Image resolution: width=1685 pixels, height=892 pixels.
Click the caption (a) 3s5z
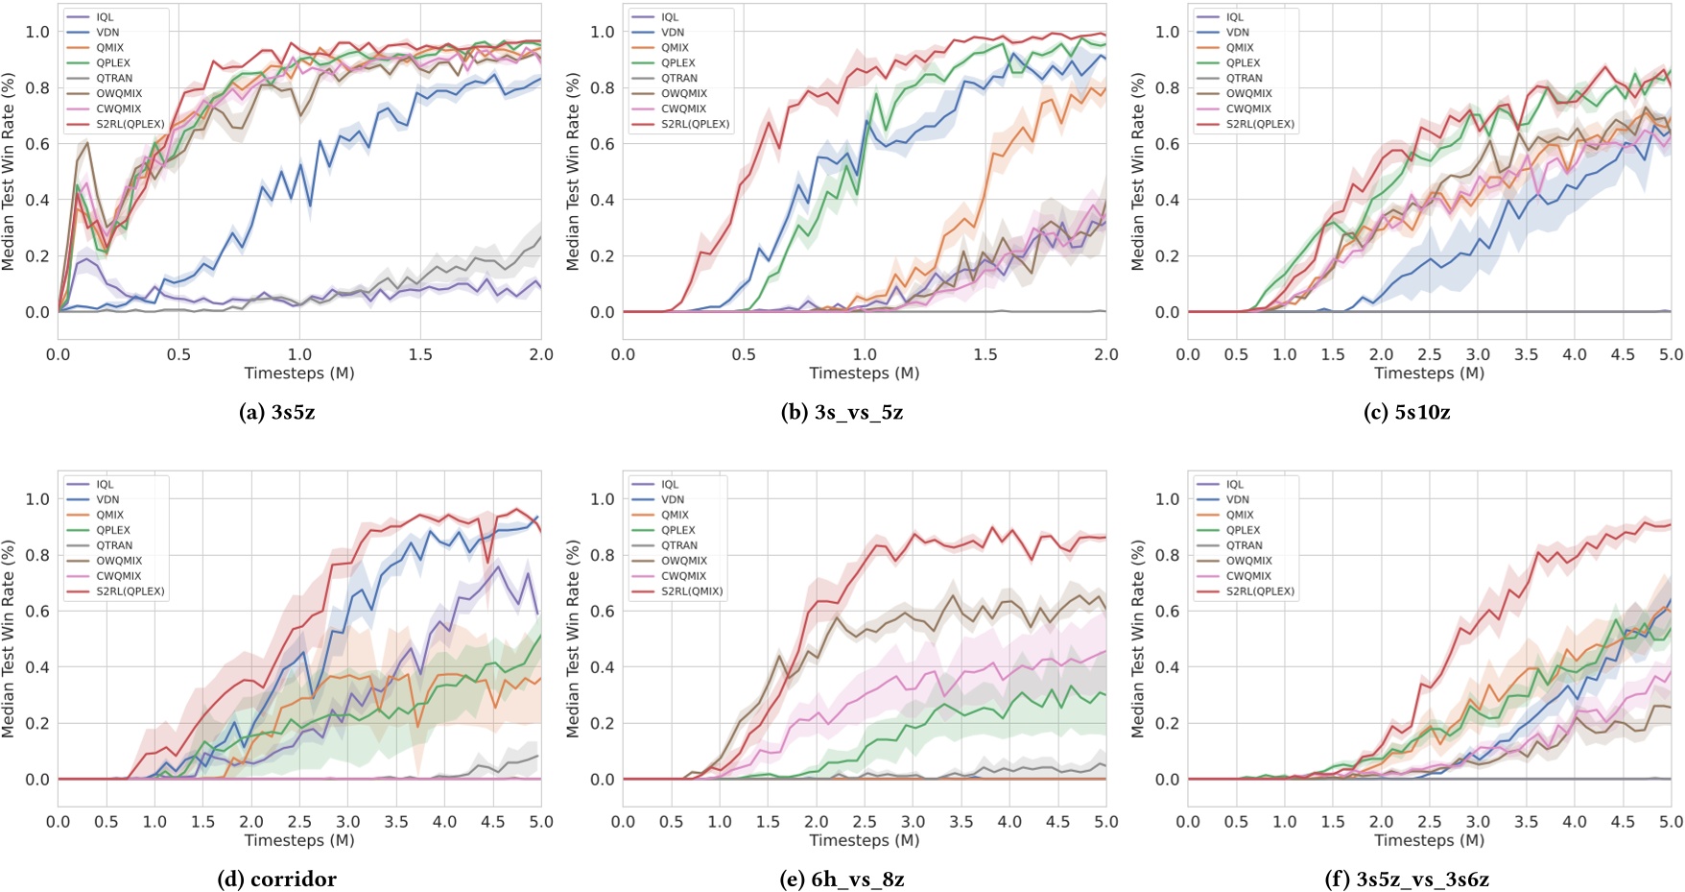276,413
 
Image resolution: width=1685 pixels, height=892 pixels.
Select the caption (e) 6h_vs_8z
842,880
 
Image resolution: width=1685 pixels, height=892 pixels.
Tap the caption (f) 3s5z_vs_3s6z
1407,880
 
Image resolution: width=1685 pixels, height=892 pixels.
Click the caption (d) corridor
276,880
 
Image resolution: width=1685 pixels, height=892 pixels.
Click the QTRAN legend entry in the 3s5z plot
114,78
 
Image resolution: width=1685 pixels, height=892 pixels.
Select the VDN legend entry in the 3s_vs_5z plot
673,32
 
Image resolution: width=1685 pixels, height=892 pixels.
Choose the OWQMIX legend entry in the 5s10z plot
1248,93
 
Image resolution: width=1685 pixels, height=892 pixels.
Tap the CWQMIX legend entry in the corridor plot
118,576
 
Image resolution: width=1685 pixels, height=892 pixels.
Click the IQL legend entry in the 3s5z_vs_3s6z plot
1234,484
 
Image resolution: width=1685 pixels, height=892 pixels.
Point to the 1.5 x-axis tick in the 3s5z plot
420,354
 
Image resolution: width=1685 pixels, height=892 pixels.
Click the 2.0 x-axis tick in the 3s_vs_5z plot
1105,354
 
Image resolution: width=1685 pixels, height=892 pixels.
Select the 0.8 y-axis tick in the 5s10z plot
1167,87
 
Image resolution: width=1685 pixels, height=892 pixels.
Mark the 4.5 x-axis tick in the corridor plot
492,822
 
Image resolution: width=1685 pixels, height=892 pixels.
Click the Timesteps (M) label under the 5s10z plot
1429,373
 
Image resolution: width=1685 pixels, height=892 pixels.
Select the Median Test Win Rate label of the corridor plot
9,639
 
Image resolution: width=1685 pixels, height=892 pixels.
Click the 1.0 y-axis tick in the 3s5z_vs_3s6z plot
1167,498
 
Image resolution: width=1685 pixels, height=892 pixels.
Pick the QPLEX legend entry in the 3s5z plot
113,62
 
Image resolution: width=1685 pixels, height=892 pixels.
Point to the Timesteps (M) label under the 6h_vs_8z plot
864,840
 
